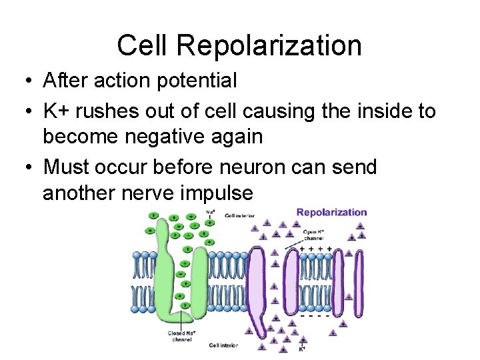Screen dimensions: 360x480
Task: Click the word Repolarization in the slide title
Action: [269, 46]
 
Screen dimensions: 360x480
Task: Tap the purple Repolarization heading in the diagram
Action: [331, 213]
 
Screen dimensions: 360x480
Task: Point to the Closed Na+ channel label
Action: [180, 336]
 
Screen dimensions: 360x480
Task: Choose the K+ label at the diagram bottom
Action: [301, 348]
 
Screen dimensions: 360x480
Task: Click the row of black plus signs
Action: [316, 249]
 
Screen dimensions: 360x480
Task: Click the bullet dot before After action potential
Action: [23, 81]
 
